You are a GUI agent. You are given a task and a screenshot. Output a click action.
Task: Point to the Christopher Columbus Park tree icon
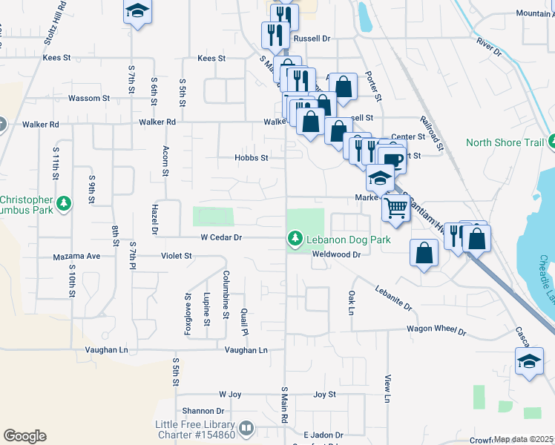coord(65,201)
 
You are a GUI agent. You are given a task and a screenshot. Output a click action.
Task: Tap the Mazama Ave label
coord(76,256)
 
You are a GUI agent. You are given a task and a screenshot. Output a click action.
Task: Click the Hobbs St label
coord(251,157)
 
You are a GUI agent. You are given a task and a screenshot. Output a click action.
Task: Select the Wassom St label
coord(88,98)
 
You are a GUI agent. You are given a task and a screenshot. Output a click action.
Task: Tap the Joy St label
coord(325,395)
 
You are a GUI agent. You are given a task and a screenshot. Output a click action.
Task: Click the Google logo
coord(24,436)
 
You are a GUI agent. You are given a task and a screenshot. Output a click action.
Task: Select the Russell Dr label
coord(312,38)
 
